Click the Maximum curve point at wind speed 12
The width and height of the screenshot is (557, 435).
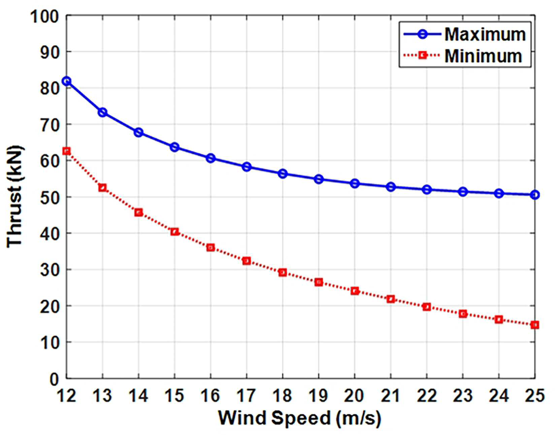pyautogui.click(x=67, y=81)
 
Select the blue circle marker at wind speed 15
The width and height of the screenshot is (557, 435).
pyautogui.click(x=174, y=147)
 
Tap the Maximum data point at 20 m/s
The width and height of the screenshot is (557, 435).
pyautogui.click(x=355, y=183)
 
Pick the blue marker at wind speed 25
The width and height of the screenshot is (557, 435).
pyautogui.click(x=535, y=195)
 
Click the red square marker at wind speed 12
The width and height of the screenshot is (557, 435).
pyautogui.click(x=67, y=151)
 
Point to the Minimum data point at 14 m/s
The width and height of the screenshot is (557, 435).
pyautogui.click(x=139, y=212)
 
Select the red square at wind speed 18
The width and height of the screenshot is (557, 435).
pyautogui.click(x=283, y=272)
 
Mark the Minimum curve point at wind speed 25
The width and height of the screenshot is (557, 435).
pyautogui.click(x=535, y=325)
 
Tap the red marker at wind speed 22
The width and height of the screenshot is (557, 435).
pyautogui.click(x=427, y=307)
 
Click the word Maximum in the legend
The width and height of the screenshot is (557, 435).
pyautogui.click(x=485, y=34)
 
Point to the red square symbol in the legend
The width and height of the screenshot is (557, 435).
pyautogui.click(x=422, y=55)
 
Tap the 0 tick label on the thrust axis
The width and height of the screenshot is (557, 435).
pyautogui.click(x=55, y=379)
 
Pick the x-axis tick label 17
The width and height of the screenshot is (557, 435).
pyautogui.click(x=247, y=396)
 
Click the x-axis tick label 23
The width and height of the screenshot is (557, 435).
pyautogui.click(x=463, y=396)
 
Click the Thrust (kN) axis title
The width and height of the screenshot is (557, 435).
pyautogui.click(x=14, y=197)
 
